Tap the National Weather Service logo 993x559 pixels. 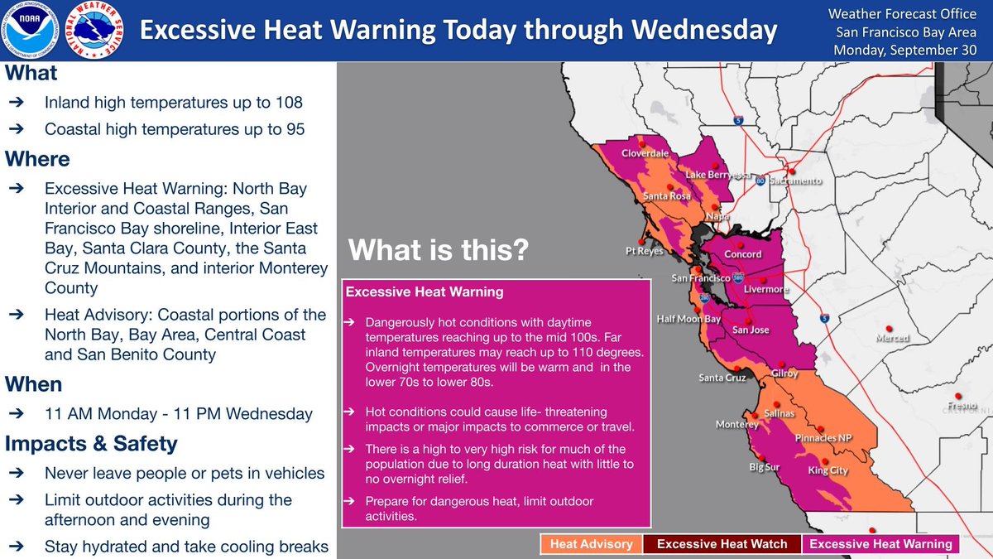point(97,30)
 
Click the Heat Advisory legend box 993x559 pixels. point(592,544)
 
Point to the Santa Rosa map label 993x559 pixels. point(668,196)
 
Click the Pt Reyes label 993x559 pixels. point(645,251)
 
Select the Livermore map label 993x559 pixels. point(766,290)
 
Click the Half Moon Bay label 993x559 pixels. point(688,319)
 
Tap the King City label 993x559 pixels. point(827,470)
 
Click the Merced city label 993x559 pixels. point(892,338)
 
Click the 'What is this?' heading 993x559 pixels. point(438,251)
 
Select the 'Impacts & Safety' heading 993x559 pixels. point(91,444)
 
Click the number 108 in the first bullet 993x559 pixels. point(288,104)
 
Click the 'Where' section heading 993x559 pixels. point(37,158)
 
